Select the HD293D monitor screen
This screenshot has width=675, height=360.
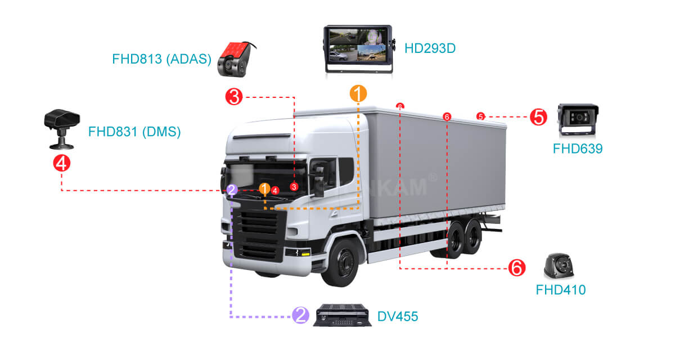click(x=358, y=46)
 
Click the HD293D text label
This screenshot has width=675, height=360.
click(x=430, y=48)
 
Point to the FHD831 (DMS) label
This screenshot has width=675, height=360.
click(x=134, y=132)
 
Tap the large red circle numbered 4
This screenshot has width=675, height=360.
click(x=61, y=163)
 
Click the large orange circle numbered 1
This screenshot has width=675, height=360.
click(x=358, y=93)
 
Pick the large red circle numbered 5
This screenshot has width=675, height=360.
click(x=538, y=117)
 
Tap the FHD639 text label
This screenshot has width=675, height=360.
click(x=578, y=149)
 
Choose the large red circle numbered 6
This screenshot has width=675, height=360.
click(x=516, y=268)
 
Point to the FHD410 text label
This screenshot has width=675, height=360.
click(x=560, y=290)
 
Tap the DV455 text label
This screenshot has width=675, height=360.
click(x=398, y=317)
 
